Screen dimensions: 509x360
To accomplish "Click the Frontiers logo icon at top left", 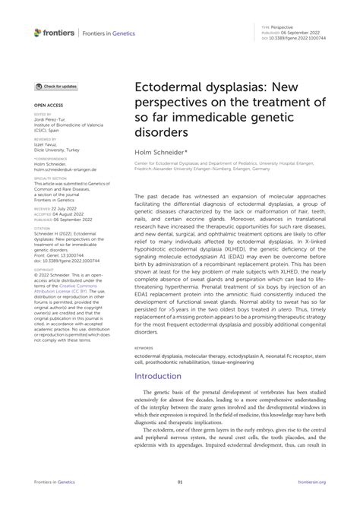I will click(39, 33).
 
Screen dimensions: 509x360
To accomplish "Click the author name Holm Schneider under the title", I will click(161, 152).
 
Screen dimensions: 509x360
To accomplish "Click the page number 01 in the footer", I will click(180, 482).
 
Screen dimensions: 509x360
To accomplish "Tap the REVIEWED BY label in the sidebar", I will click(46, 141).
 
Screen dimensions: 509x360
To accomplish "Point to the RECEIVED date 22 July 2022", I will click(64, 207).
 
